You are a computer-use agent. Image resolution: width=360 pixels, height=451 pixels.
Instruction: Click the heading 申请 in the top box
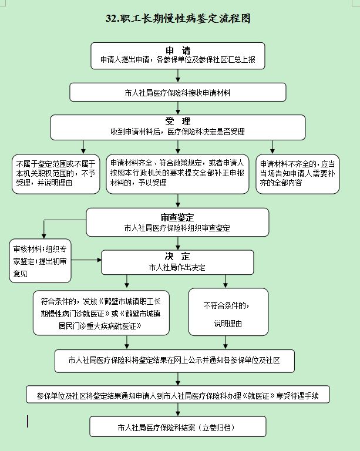click(x=178, y=49)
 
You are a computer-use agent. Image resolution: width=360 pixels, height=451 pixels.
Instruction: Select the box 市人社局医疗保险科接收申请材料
click(x=178, y=92)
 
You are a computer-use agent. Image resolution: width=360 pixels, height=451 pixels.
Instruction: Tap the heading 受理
click(x=178, y=121)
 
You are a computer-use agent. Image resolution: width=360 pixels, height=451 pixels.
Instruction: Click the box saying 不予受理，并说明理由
click(x=57, y=173)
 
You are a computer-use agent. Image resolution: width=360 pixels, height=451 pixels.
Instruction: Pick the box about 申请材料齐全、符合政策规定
click(x=178, y=173)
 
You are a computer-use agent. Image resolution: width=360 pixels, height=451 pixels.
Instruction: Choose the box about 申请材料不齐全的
click(x=298, y=173)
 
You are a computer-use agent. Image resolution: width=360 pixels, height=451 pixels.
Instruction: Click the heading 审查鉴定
click(x=178, y=216)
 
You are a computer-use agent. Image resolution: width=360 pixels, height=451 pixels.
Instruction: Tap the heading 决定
click(x=178, y=257)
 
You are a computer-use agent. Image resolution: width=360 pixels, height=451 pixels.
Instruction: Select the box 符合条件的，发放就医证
click(x=102, y=312)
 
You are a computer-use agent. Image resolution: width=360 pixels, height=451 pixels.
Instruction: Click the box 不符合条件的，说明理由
click(x=227, y=312)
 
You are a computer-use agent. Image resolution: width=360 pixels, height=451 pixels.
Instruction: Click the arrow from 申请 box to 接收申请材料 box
click(x=178, y=75)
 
